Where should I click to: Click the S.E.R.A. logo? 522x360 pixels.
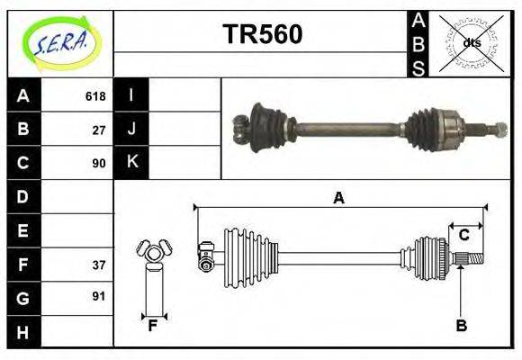[x=60, y=42]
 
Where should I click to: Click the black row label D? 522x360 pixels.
[x=23, y=196]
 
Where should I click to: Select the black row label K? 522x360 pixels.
[x=132, y=162]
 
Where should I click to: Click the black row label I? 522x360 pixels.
[x=132, y=95]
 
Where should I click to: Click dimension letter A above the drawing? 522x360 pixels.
[x=339, y=198]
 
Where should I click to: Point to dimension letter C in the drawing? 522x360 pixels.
[x=463, y=236]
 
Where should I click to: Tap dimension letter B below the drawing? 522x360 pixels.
[x=461, y=326]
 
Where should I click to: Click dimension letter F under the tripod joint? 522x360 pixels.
[x=153, y=326]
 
